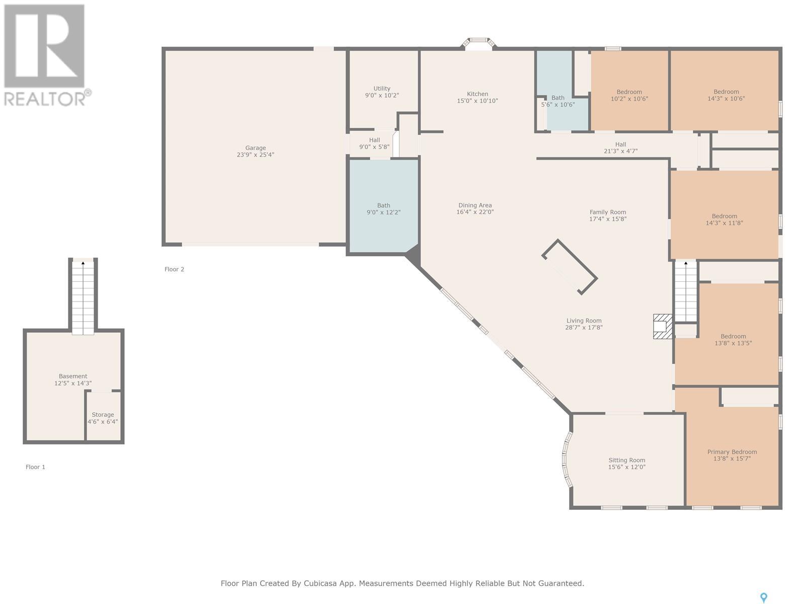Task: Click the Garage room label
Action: coord(255,148)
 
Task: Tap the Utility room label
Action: coord(382,89)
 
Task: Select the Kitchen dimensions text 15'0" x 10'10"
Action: coord(477,101)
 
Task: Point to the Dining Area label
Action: coord(475,205)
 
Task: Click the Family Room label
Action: coord(608,212)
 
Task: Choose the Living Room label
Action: coord(584,321)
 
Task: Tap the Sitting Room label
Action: coord(627,460)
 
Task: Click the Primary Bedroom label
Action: coord(732,452)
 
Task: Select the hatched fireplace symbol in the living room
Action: coord(662,326)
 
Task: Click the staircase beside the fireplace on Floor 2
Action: coord(686,291)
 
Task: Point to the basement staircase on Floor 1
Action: coord(83,297)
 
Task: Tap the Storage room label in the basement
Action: coord(103,415)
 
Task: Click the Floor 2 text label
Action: coord(174,269)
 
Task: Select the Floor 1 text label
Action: coord(35,467)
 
